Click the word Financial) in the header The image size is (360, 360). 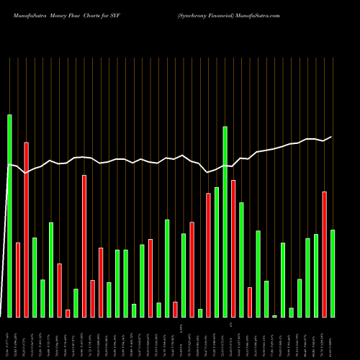221,15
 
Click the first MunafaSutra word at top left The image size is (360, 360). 20,15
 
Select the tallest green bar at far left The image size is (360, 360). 9,216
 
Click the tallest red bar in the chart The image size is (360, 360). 27,230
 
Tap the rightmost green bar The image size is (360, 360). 332,274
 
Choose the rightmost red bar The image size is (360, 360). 324,254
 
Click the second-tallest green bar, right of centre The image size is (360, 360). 225,222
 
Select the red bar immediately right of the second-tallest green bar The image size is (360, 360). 233,248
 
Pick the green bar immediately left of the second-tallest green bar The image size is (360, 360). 217,252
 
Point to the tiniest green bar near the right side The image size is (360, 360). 274,316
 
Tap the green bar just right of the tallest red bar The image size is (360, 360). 35,277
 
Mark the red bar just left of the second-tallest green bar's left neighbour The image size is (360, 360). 208,255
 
